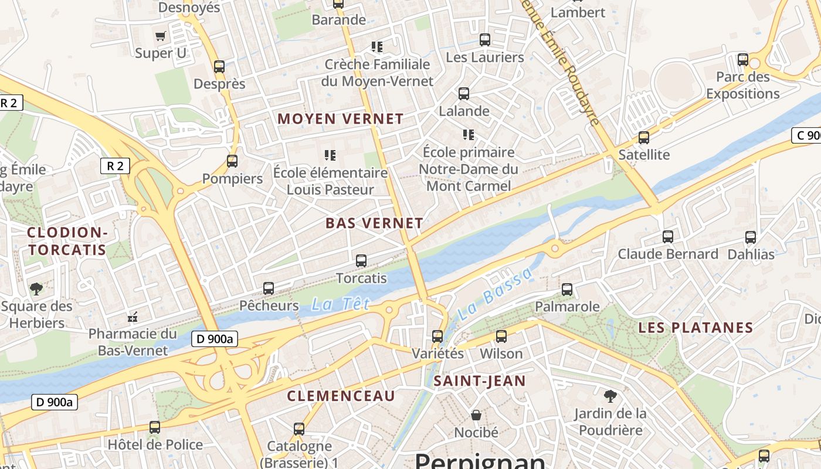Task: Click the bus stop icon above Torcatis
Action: [x=361, y=260]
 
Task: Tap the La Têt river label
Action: [x=341, y=304]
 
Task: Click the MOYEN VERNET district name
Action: [x=341, y=118]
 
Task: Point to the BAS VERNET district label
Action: [x=374, y=223]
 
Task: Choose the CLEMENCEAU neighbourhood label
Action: [x=341, y=396]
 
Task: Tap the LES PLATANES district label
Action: [x=696, y=328]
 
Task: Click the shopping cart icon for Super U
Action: [x=160, y=36]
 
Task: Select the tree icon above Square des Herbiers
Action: [x=36, y=288]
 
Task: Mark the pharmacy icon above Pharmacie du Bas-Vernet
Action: [x=133, y=317]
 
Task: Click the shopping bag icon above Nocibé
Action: [x=476, y=415]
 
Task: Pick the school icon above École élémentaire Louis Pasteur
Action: [x=330, y=155]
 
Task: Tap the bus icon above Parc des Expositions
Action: [x=742, y=59]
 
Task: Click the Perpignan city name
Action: [x=480, y=460]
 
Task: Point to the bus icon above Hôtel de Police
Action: [x=155, y=427]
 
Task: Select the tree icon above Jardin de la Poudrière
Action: [x=610, y=396]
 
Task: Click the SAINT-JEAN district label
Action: [x=480, y=381]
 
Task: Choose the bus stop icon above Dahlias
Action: [x=751, y=237]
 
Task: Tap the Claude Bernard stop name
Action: [x=668, y=254]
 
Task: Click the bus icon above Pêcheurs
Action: [x=269, y=288]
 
